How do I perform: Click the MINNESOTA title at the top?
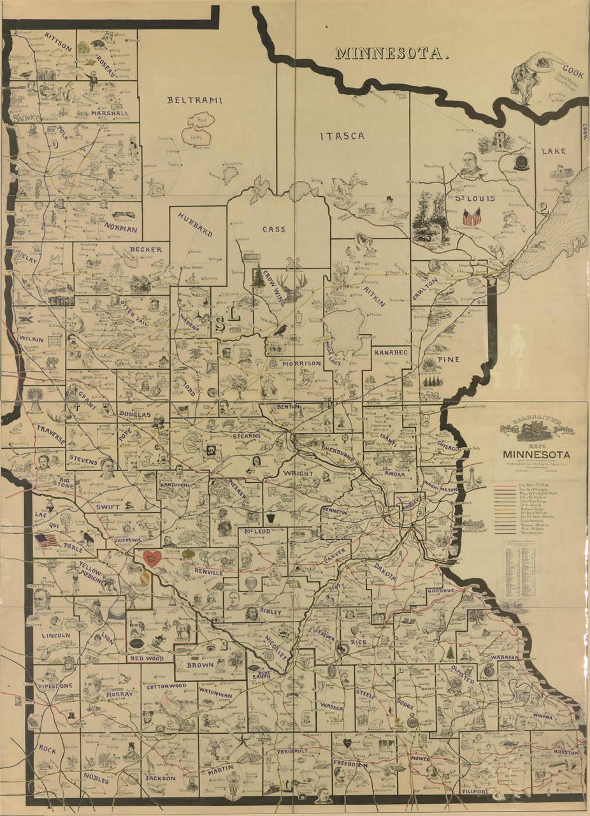(392, 54)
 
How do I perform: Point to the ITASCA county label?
(342, 136)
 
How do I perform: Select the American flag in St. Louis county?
(472, 218)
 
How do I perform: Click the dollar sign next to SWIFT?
(129, 505)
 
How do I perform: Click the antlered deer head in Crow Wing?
(294, 288)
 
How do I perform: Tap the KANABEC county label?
(391, 351)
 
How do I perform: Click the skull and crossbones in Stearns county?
(209, 450)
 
